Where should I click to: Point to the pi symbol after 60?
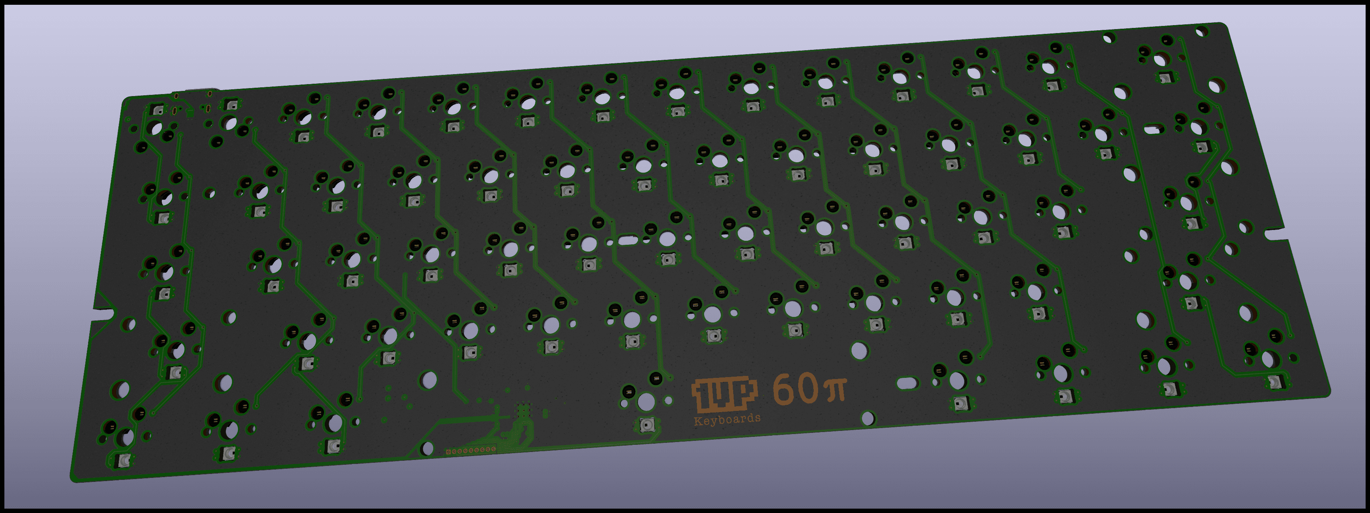[x=835, y=389]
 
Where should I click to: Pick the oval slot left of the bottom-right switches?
[x=907, y=383]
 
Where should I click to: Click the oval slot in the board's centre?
[x=628, y=240]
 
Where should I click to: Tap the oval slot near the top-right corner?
[x=1154, y=129]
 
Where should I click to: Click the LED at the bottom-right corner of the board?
[x=1275, y=381]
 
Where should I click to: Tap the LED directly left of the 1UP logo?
[x=647, y=424]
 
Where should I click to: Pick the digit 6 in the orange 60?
[x=785, y=389]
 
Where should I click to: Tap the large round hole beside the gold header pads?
[x=427, y=448]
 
